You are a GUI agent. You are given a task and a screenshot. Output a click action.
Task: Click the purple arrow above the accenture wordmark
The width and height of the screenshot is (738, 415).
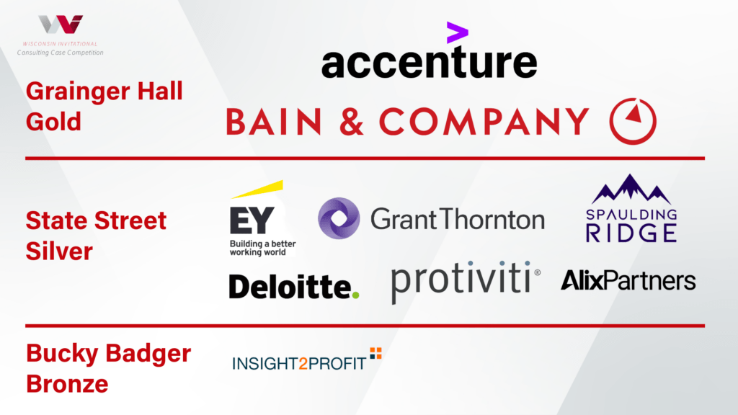pos(457,32)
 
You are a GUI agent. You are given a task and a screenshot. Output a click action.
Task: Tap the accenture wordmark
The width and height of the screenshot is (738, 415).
pos(430,62)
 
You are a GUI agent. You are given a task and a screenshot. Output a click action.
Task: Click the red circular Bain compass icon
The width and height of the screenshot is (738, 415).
pos(633,121)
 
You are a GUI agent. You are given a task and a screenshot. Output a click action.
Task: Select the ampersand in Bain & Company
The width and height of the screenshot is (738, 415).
pos(352,121)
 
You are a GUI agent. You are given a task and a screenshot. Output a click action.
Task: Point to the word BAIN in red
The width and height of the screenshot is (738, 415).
pos(274,121)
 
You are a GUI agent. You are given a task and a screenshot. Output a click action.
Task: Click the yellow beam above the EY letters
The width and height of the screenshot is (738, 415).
pos(257,189)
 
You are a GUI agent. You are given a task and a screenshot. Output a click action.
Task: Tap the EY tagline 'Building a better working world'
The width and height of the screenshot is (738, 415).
pos(262,248)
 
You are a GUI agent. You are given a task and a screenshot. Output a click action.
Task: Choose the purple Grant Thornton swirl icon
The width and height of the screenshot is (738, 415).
pos(339,218)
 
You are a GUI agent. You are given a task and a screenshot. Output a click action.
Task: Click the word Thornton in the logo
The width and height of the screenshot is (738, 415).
pos(493,219)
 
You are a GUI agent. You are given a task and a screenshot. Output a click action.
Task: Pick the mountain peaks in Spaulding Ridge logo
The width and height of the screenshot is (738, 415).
pos(631,189)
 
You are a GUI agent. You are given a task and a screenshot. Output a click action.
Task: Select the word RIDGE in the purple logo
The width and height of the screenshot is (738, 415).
pos(631,233)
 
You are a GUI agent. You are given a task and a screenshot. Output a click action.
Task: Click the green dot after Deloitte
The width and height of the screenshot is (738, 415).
pos(355,295)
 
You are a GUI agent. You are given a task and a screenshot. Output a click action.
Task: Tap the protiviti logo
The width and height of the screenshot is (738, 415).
pos(466,282)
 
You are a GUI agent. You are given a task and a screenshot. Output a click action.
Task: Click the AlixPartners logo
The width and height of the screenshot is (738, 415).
pos(628,280)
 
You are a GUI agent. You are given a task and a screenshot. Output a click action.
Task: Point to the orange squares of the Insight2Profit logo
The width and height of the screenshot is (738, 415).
pos(375,353)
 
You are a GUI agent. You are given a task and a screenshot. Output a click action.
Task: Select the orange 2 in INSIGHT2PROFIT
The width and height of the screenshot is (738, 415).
pos(303,364)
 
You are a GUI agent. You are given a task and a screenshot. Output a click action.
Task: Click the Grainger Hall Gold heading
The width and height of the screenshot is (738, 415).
pos(104,107)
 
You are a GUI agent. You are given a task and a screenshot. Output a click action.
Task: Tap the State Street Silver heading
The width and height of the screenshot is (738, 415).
pos(96,236)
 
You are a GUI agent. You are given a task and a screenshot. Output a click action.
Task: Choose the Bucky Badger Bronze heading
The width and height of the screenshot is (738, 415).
pos(108,368)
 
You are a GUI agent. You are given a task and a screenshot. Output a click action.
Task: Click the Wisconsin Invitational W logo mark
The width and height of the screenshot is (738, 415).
pos(61,24)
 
